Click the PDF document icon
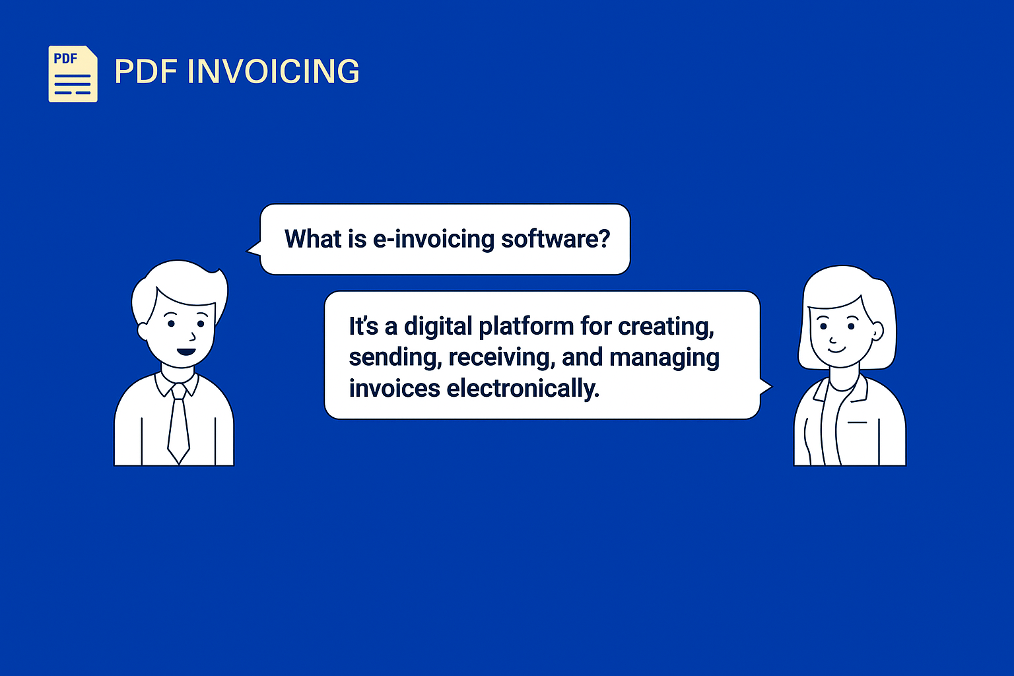(73, 74)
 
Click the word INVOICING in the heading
(273, 71)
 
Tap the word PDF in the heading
(146, 71)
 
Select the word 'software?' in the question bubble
(555, 238)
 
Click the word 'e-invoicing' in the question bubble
(433, 240)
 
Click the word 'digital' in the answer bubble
(438, 327)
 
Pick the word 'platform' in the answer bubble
(526, 326)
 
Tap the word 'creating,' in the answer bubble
(666, 327)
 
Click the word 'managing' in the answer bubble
(664, 358)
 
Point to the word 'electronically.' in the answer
(523, 388)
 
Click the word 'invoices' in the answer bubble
(394, 388)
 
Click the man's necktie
(179, 424)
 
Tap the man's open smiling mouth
(186, 352)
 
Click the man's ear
(143, 331)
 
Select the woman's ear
(877, 331)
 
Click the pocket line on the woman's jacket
(857, 422)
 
